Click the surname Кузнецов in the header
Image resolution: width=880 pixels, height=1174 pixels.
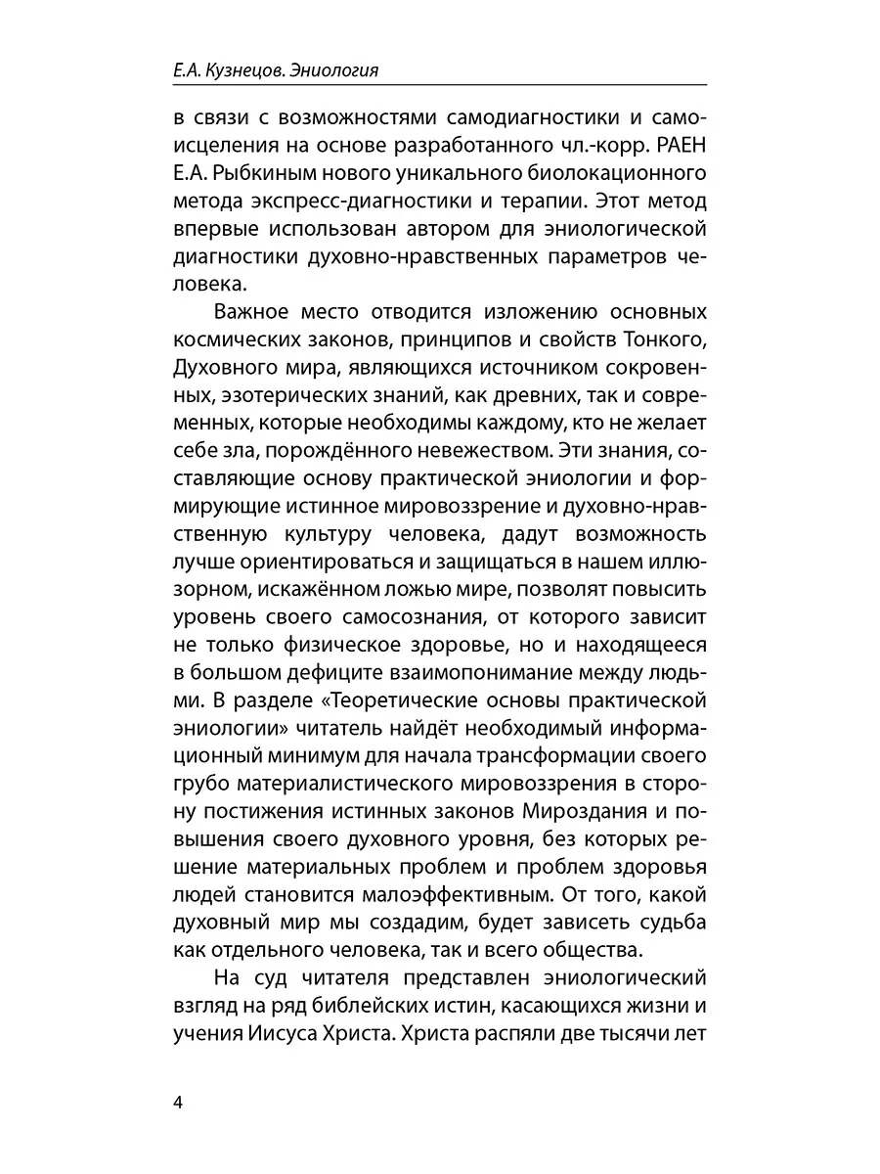pyautogui.click(x=248, y=70)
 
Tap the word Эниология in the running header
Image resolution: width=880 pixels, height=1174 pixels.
pyautogui.click(x=336, y=70)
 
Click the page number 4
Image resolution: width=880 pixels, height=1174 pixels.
pyautogui.click(x=178, y=1103)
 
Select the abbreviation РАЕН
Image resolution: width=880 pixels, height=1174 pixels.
pyautogui.click(x=681, y=148)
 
